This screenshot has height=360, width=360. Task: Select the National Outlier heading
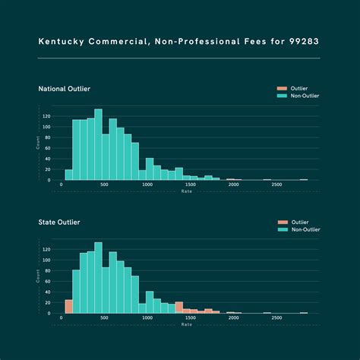[65, 89]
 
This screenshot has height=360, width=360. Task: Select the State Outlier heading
[58, 222]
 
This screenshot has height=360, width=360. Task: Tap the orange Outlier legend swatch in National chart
[280, 89]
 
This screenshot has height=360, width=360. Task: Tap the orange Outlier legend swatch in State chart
[280, 222]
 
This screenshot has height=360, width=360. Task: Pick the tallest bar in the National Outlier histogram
[98, 144]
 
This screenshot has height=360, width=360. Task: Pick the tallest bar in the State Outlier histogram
[98, 277]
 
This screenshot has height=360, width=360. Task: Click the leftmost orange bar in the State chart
[68, 306]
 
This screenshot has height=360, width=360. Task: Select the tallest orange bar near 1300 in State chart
[179, 308]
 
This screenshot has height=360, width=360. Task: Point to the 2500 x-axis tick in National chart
[276, 185]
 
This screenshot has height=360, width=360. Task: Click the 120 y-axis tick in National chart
[46, 116]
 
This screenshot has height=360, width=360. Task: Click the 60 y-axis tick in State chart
[48, 281]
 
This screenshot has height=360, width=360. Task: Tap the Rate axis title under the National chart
[186, 191]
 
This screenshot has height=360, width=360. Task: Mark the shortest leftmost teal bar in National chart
[68, 175]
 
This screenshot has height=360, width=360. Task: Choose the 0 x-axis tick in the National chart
[61, 185]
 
